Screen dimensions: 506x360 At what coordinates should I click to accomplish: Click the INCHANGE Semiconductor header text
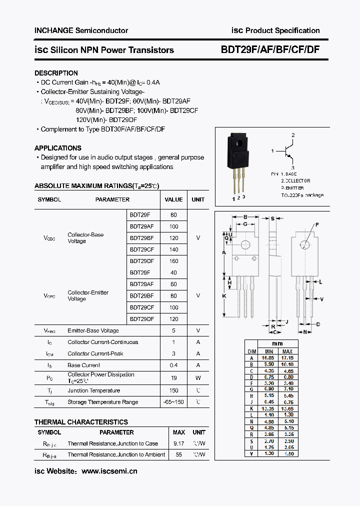pyautogui.click(x=81, y=30)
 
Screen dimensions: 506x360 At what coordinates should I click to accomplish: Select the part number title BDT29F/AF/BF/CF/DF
pyautogui.click(x=270, y=49)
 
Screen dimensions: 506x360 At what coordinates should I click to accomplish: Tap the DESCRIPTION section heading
pyautogui.click(x=56, y=73)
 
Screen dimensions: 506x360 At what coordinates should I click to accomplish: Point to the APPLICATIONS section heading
pyautogui.click(x=57, y=148)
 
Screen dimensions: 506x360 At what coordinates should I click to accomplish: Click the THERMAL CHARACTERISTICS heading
pyautogui.click(x=81, y=422)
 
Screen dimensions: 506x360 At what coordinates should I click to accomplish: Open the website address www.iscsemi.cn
pyautogui.click(x=109, y=471)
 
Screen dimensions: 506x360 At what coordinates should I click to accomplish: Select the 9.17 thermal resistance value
pyautogui.click(x=178, y=443)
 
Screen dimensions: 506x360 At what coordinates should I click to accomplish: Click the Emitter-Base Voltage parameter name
pyautogui.click(x=93, y=330)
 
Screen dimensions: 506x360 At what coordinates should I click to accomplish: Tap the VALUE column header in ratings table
pyautogui.click(x=173, y=199)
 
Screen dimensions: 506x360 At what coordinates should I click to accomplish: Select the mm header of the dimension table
pyautogui.click(x=277, y=343)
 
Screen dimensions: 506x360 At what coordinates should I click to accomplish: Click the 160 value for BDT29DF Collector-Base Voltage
pyautogui.click(x=173, y=261)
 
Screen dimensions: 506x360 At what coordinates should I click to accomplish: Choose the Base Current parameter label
pyautogui.click(x=83, y=365)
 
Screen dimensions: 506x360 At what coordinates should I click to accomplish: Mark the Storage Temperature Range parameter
pyautogui.click(x=102, y=402)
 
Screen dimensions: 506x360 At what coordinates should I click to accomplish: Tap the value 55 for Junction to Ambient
pyautogui.click(x=178, y=454)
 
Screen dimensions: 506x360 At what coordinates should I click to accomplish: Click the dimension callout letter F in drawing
pyautogui.click(x=316, y=225)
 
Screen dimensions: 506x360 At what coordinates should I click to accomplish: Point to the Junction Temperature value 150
pyautogui.click(x=173, y=390)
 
